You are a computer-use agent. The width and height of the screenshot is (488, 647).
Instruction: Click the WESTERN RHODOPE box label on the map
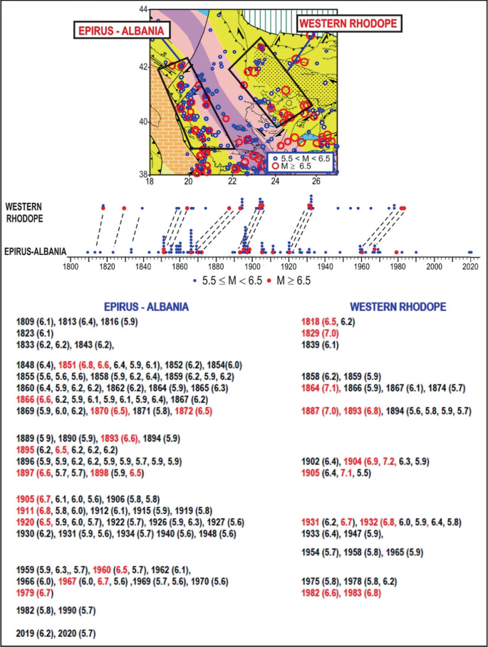(348, 23)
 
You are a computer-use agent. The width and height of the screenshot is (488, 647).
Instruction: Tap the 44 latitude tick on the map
(143, 10)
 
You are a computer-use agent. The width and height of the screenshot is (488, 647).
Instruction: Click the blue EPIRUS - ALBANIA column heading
(146, 307)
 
